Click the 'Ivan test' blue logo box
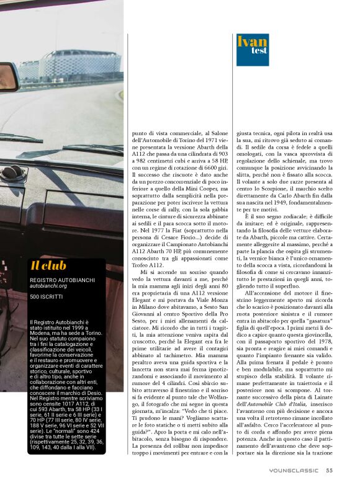[x=252, y=50]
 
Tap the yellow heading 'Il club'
[x=49, y=266]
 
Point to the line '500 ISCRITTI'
[x=46, y=297]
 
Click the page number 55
[x=330, y=470]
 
